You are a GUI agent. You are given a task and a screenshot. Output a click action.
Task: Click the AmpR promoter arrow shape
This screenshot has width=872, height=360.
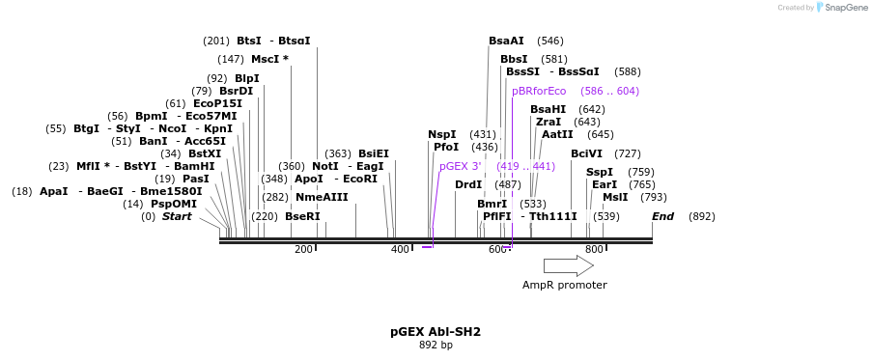pyautogui.click(x=568, y=265)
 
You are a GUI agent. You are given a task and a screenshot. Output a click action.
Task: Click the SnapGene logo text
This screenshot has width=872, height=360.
pyautogui.click(x=845, y=8)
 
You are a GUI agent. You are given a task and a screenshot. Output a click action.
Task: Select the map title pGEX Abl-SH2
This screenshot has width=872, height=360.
pyautogui.click(x=436, y=331)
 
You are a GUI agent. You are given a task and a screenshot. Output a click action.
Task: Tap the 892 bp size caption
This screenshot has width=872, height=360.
pyautogui.click(x=436, y=345)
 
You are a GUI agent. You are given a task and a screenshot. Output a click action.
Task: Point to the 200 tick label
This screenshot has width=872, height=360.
pyautogui.click(x=303, y=250)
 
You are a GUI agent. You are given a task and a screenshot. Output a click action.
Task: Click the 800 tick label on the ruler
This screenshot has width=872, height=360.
pyautogui.click(x=594, y=250)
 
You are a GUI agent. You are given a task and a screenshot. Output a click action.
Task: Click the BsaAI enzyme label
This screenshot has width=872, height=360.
pyautogui.click(x=506, y=42)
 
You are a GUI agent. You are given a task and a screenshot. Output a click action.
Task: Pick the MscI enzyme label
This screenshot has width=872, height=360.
pyautogui.click(x=269, y=59)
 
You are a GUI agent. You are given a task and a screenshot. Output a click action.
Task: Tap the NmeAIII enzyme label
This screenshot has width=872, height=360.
pyautogui.click(x=322, y=197)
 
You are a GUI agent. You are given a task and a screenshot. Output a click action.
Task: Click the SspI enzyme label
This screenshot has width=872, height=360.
pyautogui.click(x=600, y=173)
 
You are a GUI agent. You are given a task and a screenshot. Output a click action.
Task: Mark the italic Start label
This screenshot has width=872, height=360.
pyautogui.click(x=177, y=216)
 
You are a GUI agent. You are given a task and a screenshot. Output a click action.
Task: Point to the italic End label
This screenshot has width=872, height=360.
pyautogui.click(x=662, y=216)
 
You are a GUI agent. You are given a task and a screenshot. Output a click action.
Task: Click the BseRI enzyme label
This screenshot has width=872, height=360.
pyautogui.click(x=302, y=216)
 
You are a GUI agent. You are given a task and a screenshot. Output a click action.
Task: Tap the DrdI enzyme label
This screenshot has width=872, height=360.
pyautogui.click(x=468, y=184)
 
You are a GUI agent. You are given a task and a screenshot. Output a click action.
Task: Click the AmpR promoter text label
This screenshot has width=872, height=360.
pyautogui.click(x=565, y=285)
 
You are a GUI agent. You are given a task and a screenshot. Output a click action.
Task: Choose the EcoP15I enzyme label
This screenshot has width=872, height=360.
pyautogui.click(x=217, y=103)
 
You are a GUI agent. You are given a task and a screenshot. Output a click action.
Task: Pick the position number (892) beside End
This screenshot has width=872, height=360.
pyautogui.click(x=702, y=216)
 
